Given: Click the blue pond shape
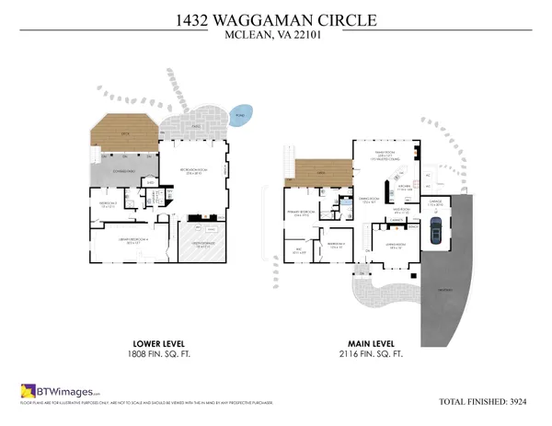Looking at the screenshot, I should click(x=241, y=117).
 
